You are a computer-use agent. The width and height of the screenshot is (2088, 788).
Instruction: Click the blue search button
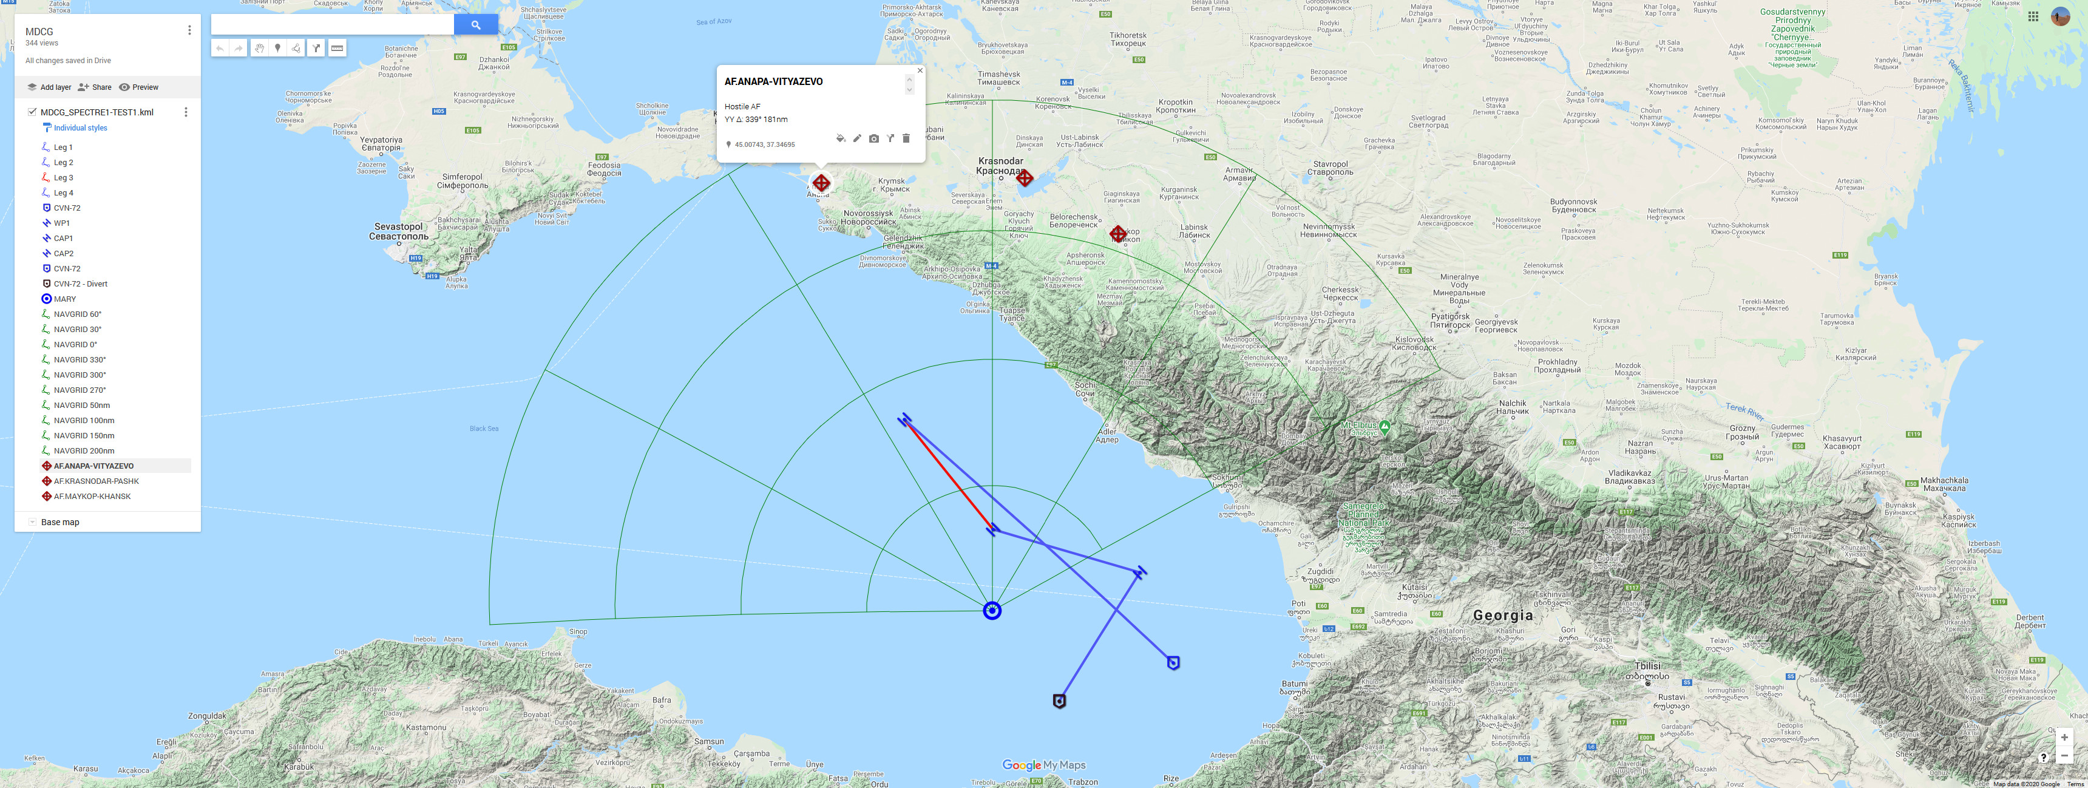(476, 25)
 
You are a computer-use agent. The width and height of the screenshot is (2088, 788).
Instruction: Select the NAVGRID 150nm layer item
(84, 436)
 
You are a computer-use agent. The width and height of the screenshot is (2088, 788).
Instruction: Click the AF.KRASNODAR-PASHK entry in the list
(96, 481)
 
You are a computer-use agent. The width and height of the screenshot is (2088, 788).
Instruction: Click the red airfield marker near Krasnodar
(1025, 177)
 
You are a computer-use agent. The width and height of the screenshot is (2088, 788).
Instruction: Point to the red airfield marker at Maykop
(1118, 234)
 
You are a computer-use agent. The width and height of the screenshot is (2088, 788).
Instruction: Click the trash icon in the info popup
(906, 138)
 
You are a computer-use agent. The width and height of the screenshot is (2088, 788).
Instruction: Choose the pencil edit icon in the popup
(857, 138)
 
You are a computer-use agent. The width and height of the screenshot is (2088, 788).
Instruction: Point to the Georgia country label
(1503, 616)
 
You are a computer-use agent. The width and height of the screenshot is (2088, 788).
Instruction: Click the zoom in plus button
(2064, 737)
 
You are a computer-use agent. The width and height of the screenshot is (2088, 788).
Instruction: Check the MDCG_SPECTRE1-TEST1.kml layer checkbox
(32, 112)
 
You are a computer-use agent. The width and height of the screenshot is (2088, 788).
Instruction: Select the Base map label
(60, 522)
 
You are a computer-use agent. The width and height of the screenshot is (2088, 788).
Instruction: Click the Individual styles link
(80, 128)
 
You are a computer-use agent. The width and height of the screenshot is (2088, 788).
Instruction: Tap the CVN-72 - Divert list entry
(80, 284)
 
